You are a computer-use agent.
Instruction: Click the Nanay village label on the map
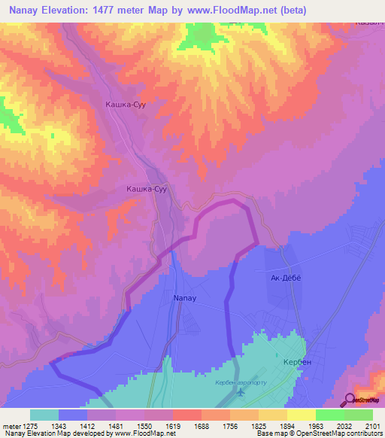click(x=185, y=298)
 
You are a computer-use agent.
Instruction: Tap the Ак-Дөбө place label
click(x=285, y=278)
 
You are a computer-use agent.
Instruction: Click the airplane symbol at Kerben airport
click(x=241, y=393)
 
